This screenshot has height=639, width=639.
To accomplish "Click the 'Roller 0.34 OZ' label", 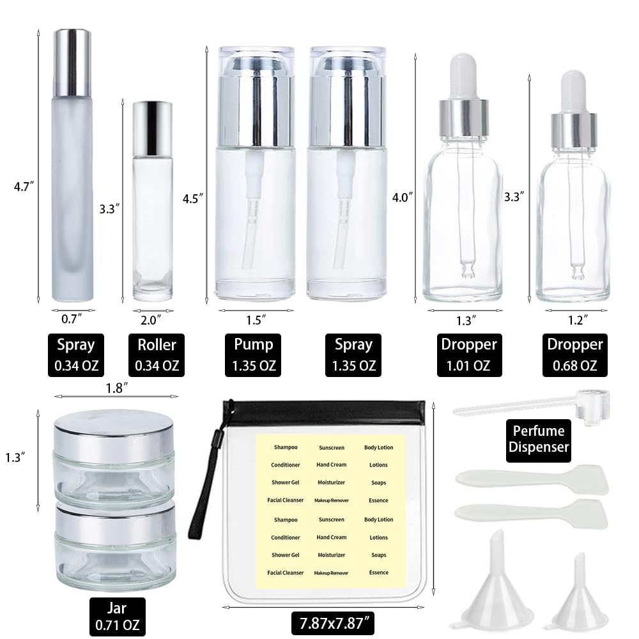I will pyautogui.click(x=157, y=355).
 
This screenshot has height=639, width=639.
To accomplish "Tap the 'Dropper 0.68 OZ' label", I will pyautogui.click(x=574, y=355).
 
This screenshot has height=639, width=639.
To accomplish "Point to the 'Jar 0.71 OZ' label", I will pyautogui.click(x=118, y=615).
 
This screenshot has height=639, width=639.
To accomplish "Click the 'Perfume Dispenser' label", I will pyautogui.click(x=538, y=440).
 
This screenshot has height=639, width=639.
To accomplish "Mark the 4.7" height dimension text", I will pyautogui.click(x=24, y=187).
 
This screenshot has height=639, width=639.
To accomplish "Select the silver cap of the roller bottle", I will pyautogui.click(x=152, y=121).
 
